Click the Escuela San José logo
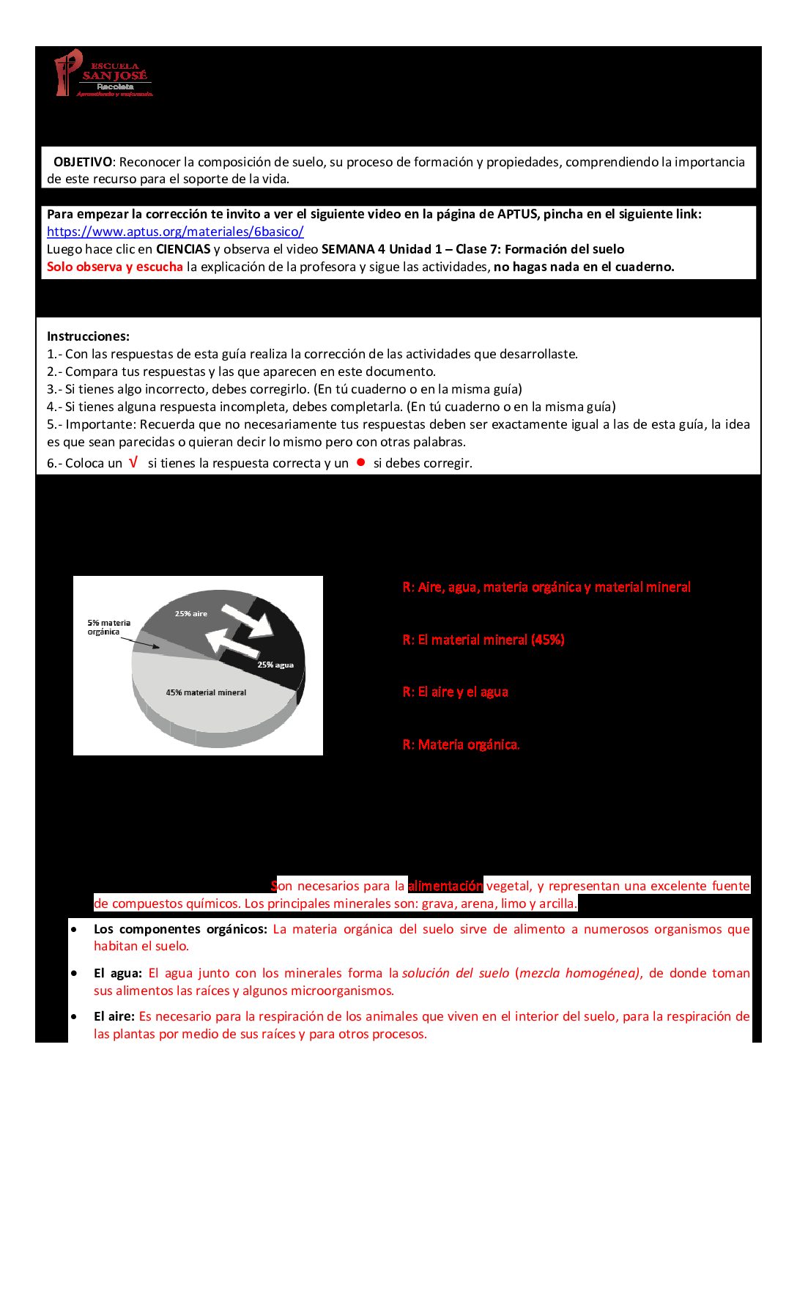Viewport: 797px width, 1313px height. (x=103, y=74)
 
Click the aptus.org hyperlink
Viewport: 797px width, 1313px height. (x=175, y=232)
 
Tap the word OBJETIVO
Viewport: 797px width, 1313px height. (x=83, y=162)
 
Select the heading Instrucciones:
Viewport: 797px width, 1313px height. (x=88, y=336)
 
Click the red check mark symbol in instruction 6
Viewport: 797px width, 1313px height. (x=133, y=462)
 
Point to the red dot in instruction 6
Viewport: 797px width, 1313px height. (x=360, y=462)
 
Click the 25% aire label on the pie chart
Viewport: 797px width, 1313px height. (x=190, y=613)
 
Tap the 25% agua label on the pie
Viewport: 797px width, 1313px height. (x=275, y=665)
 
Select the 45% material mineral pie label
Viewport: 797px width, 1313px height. (x=206, y=692)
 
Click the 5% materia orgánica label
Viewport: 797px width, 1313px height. (x=108, y=627)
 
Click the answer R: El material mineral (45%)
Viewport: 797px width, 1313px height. (x=483, y=640)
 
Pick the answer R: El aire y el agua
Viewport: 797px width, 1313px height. (x=455, y=692)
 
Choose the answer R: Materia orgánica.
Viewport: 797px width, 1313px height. (x=461, y=744)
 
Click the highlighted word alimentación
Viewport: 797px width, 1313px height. (x=445, y=886)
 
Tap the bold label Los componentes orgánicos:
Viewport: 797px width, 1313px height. (x=180, y=929)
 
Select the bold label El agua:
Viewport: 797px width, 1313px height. (x=117, y=973)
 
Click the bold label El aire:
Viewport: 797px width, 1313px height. (x=114, y=1016)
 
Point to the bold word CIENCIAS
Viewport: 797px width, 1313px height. (x=183, y=249)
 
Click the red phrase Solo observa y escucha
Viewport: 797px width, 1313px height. (x=115, y=267)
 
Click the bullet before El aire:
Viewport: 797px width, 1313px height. (x=74, y=1016)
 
